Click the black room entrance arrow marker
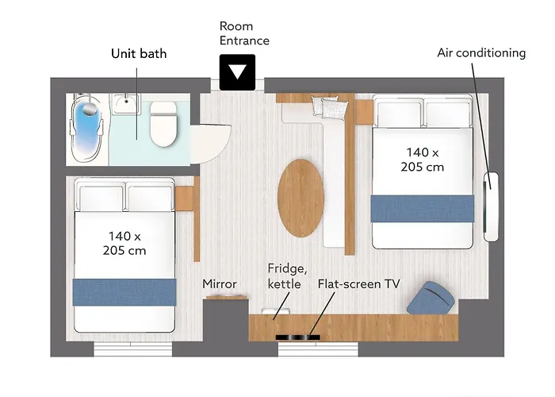click(237, 72)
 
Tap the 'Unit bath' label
click(139, 53)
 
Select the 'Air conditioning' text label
click(481, 53)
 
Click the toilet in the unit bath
click(163, 124)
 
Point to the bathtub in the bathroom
click(86, 129)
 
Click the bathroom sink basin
click(126, 103)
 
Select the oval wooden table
click(300, 198)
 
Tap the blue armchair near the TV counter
click(431, 298)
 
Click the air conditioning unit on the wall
click(491, 207)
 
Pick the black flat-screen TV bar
click(297, 337)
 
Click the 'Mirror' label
click(220, 284)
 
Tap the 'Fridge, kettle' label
click(287, 276)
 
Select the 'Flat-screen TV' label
click(359, 284)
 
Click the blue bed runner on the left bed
click(124, 292)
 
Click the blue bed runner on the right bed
click(423, 209)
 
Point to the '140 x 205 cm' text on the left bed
click(124, 243)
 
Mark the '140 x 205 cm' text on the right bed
click(423, 160)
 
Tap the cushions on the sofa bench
click(329, 107)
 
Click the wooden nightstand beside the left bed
click(184, 198)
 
